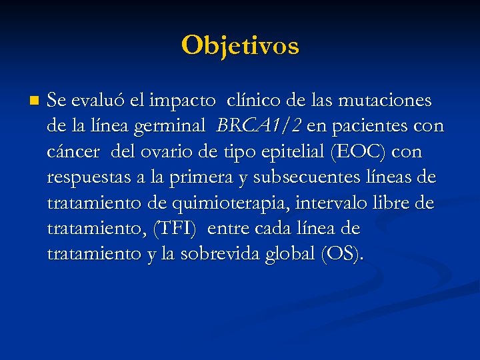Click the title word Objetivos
[240, 45]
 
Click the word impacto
[183, 101]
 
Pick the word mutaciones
[386, 101]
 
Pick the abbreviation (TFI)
[175, 229]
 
